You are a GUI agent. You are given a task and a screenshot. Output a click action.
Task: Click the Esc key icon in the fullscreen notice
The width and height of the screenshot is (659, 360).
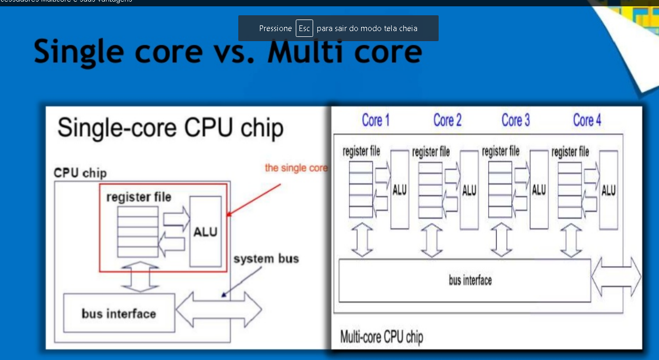click(304, 28)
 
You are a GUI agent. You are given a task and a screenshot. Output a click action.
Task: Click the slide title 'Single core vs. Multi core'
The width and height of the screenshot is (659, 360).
click(228, 52)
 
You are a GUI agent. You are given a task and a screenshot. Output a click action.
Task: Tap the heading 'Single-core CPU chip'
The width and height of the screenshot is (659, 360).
click(170, 128)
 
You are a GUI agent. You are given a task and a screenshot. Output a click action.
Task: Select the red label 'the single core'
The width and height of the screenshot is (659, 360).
click(296, 168)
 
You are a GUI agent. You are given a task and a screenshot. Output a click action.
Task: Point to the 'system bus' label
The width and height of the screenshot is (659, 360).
click(266, 259)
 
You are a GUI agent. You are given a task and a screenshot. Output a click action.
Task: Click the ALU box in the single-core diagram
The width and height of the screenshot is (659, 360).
click(205, 231)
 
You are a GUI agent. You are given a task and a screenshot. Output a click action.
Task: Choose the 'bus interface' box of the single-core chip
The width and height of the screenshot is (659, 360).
click(119, 314)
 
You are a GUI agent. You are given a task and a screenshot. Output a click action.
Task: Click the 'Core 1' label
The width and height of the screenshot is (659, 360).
click(375, 120)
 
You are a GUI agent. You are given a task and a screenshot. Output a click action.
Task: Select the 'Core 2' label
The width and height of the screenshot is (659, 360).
click(447, 120)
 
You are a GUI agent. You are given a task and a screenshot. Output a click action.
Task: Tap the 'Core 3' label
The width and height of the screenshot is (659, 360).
click(515, 120)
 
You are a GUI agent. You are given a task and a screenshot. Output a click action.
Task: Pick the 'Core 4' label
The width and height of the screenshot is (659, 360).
click(587, 120)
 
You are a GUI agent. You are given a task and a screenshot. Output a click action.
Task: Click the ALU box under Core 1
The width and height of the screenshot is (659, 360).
click(400, 190)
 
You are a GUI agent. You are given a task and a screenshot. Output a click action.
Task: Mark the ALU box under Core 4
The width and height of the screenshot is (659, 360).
click(608, 190)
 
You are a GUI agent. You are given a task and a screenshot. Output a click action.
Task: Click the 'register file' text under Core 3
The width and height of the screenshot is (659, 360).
click(500, 152)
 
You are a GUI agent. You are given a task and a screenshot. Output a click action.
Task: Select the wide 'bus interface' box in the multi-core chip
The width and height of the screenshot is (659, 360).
click(464, 280)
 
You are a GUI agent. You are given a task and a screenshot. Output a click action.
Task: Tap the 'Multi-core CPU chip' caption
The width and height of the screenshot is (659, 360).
click(381, 336)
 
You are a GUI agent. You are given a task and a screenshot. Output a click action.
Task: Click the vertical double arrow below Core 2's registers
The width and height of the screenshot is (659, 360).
click(432, 240)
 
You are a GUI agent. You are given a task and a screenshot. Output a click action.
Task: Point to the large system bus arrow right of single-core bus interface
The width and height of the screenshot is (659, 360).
click(219, 310)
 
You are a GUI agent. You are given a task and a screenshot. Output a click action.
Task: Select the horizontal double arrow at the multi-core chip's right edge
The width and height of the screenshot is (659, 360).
click(616, 277)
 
